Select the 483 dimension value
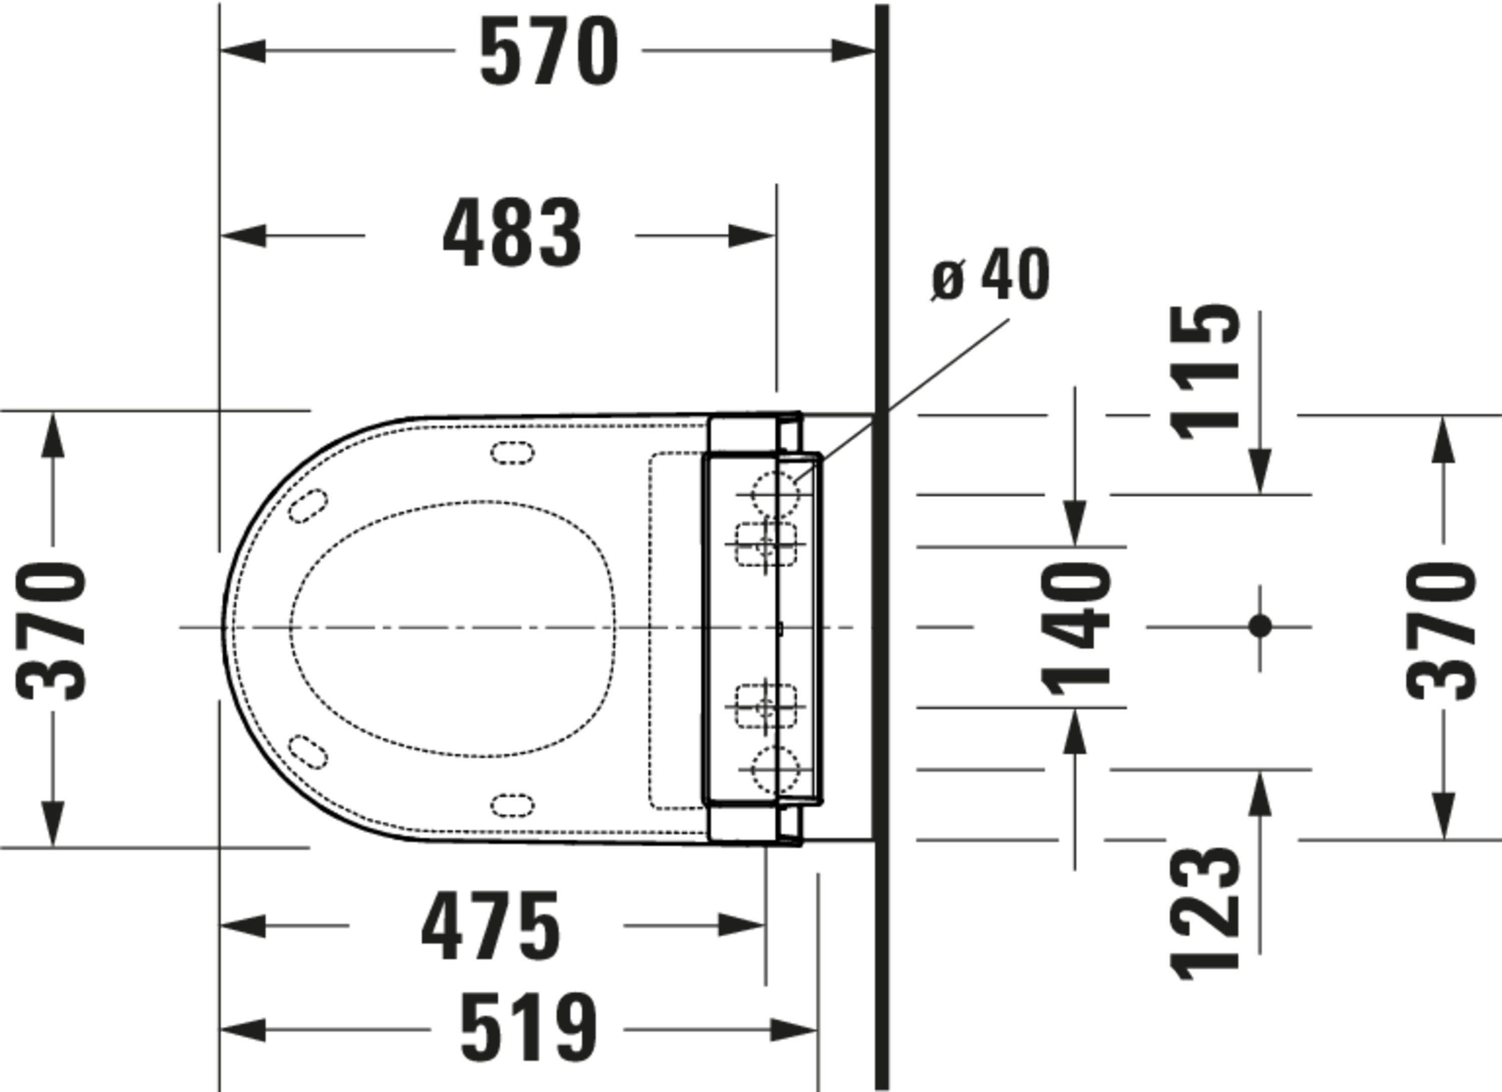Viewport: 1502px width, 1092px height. pyautogui.click(x=512, y=233)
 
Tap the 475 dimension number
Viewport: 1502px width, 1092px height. pyautogui.click(x=491, y=925)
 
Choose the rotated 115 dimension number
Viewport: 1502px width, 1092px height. pyautogui.click(x=1205, y=372)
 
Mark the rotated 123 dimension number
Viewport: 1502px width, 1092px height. pyautogui.click(x=1205, y=913)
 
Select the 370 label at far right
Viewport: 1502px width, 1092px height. pyautogui.click(x=1441, y=630)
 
